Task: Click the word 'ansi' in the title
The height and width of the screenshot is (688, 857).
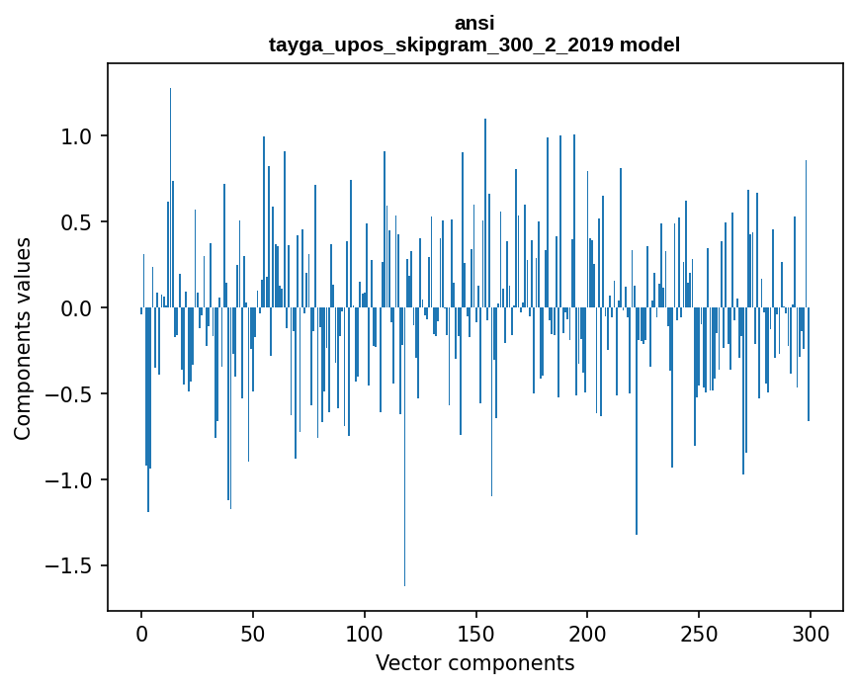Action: (x=474, y=23)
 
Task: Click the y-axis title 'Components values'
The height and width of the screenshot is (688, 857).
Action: (x=23, y=338)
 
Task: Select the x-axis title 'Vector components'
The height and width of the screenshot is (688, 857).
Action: (x=474, y=662)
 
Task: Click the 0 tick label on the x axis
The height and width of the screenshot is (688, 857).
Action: (x=141, y=633)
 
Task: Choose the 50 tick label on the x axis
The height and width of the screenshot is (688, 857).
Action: (x=253, y=633)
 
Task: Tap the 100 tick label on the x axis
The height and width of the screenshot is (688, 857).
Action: (x=365, y=633)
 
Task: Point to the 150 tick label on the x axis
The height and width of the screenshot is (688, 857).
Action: (x=476, y=633)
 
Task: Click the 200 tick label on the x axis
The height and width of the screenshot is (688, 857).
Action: (x=588, y=633)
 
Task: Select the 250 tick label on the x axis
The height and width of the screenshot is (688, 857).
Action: (x=699, y=633)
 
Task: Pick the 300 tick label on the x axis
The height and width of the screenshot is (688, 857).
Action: (x=811, y=633)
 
